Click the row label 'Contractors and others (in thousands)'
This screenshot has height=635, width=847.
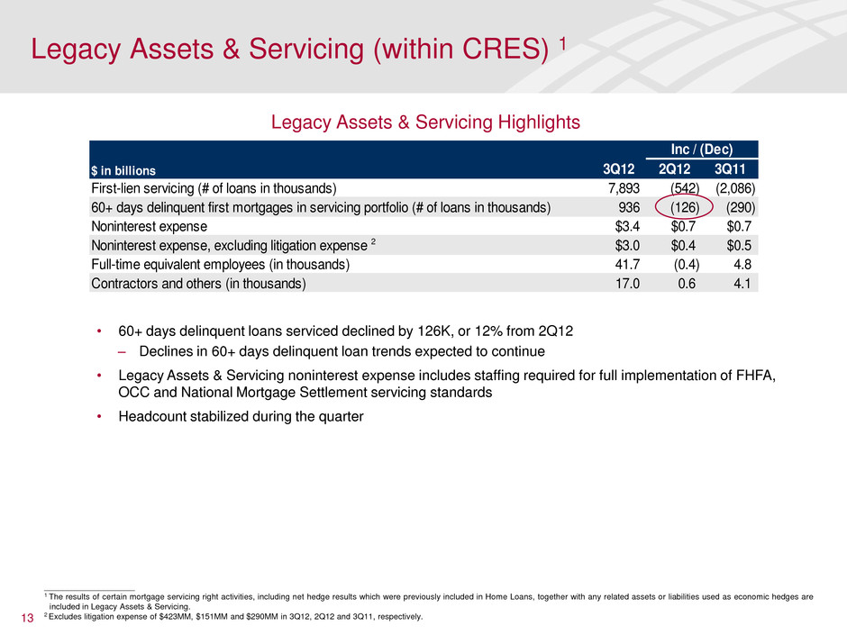(x=198, y=284)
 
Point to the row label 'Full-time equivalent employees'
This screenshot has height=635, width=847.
(x=216, y=265)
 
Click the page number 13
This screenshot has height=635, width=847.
(x=25, y=617)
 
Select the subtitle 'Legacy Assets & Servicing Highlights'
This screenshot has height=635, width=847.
(x=423, y=120)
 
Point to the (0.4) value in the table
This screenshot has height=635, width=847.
(x=688, y=265)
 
